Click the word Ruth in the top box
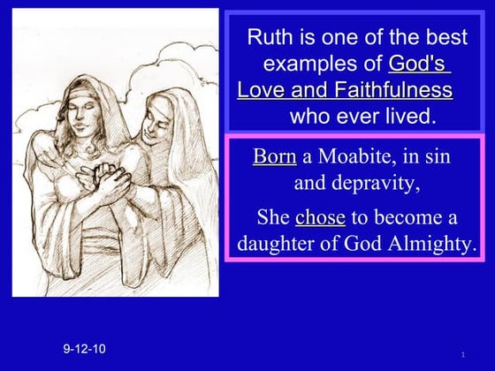[268, 37]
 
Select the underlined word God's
[419, 64]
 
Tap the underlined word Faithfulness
[392, 90]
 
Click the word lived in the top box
[412, 116]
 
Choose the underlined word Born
[274, 157]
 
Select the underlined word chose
[319, 217]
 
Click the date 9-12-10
[84, 349]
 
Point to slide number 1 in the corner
[462, 354]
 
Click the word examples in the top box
[322, 64]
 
